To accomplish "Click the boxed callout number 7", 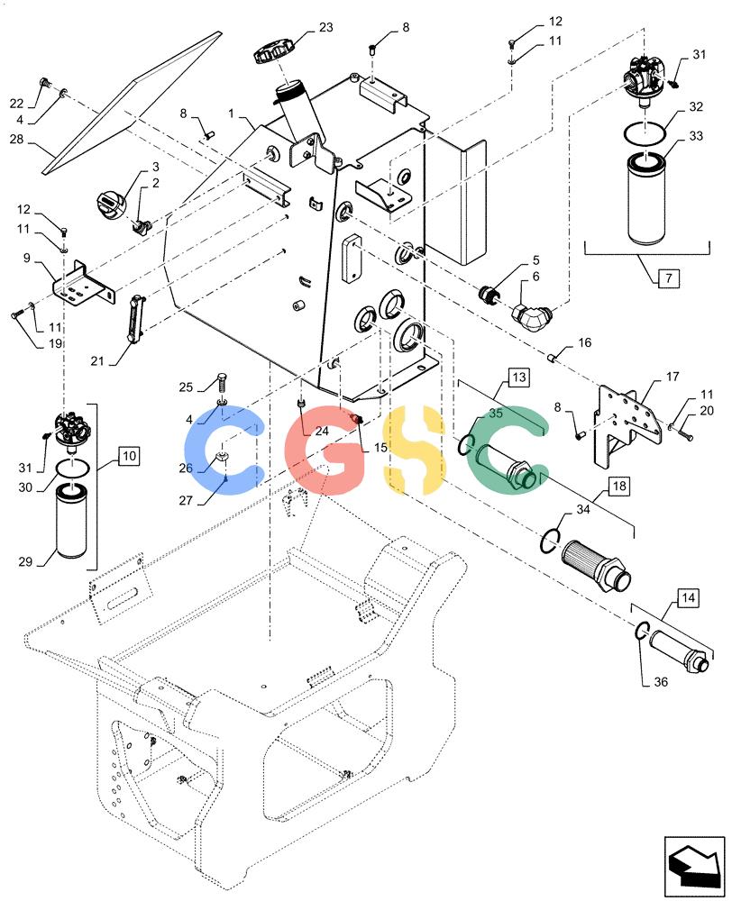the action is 668,278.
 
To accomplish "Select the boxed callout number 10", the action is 130,456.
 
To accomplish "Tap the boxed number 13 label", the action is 518,377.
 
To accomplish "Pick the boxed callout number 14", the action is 689,597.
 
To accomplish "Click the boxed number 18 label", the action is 618,486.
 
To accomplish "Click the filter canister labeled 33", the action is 645,197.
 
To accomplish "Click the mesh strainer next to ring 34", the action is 596,566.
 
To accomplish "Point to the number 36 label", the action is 661,681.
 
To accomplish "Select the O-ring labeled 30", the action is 72,468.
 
